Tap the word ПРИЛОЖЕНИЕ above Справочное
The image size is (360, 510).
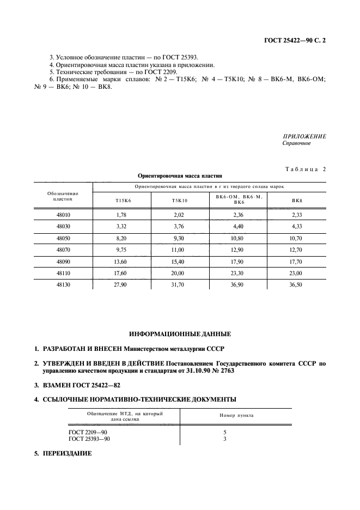[x=304, y=136]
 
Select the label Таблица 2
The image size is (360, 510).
[x=305, y=169]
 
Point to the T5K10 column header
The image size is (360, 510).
[x=179, y=201]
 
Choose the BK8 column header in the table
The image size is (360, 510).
[x=297, y=201]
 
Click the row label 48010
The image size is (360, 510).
[x=63, y=215]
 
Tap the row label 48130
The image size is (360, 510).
[x=63, y=284]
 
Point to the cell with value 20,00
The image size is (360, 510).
[x=179, y=272]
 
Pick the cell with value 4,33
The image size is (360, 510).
[x=297, y=227]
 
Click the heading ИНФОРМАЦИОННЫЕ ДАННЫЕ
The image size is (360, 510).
[x=180, y=333]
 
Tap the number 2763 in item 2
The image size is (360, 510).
[x=218, y=370]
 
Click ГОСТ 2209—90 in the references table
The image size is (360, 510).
[x=88, y=432]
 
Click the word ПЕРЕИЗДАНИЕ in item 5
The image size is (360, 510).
[x=68, y=453]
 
